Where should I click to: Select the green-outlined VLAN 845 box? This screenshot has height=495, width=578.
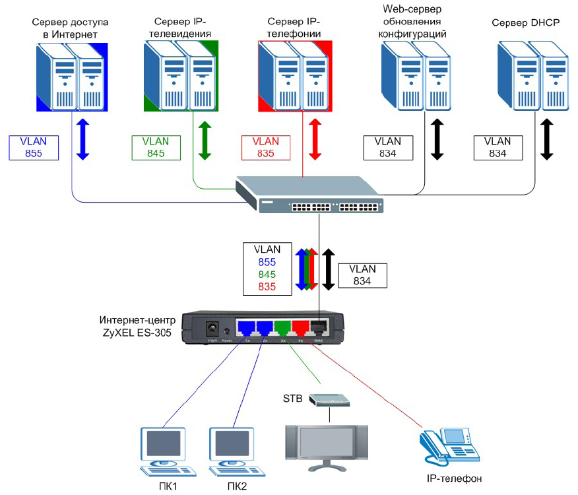(156, 148)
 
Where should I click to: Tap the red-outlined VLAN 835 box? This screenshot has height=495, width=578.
(265, 148)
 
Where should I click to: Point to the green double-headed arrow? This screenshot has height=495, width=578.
(205, 139)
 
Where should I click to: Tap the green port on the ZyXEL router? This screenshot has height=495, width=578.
(283, 326)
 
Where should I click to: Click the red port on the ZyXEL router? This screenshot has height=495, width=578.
(302, 326)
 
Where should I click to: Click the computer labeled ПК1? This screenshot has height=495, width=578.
(162, 451)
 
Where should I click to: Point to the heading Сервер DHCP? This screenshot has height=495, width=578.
(525, 24)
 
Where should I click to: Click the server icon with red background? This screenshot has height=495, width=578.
(296, 77)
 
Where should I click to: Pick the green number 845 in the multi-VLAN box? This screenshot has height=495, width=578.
(268, 274)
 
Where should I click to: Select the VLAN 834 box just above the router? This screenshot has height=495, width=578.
(362, 275)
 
